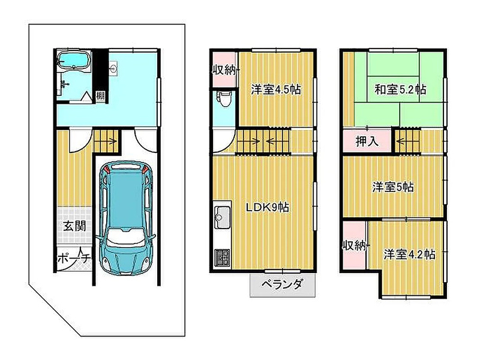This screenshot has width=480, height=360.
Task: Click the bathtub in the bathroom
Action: pos(74,60)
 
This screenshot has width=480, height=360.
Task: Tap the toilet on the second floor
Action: pos(224,98)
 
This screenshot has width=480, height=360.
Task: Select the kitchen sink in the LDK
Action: pos(223,217)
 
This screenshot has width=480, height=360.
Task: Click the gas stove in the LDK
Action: pos(222,258)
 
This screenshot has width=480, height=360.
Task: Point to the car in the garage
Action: pos(126,217)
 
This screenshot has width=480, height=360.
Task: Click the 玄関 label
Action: pos(74,226)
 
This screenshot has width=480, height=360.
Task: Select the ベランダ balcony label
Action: pos(282,284)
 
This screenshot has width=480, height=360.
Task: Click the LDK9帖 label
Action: pos(268,208)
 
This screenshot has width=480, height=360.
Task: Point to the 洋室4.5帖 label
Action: pos(276,89)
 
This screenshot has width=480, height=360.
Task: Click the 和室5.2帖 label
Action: pos(400,89)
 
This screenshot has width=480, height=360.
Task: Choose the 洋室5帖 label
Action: pos(393,187)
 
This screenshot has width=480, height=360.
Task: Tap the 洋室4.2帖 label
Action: pos(409,254)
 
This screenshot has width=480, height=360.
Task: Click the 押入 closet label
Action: pos(367,141)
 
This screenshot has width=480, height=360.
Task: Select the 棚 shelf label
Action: pos(100,96)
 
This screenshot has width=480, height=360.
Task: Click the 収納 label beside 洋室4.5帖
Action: pos(224,71)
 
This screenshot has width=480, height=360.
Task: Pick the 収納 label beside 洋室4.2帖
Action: pos(354,245)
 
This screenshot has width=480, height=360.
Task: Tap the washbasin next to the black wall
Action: pos(113,68)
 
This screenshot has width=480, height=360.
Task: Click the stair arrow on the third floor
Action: pos(404,141)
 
